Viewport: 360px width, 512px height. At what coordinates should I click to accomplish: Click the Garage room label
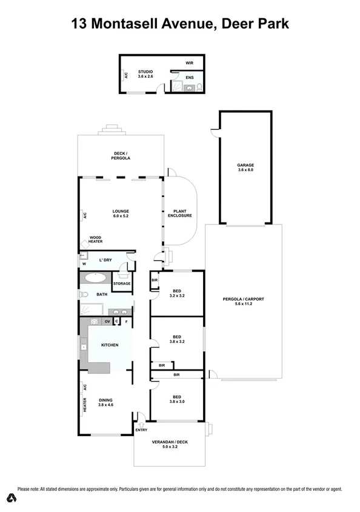[x=245, y=167]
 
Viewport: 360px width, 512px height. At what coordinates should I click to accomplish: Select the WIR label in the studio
[x=189, y=63]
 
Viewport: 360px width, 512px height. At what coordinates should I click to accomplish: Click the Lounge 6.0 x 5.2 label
[x=121, y=213]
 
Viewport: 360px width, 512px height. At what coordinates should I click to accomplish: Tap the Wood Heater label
[x=96, y=240]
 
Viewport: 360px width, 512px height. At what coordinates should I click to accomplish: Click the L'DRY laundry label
[x=105, y=260]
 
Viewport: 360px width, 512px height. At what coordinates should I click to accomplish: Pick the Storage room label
[x=122, y=283]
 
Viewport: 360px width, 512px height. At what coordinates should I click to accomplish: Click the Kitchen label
[x=110, y=345]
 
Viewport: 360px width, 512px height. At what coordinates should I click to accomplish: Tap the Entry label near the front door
[x=141, y=430]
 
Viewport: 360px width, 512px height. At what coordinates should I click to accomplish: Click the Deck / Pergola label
[x=121, y=155]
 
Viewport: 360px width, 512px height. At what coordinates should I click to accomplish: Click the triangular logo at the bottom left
[x=10, y=499]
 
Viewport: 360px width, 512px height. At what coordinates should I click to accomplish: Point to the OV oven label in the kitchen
[x=107, y=320]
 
